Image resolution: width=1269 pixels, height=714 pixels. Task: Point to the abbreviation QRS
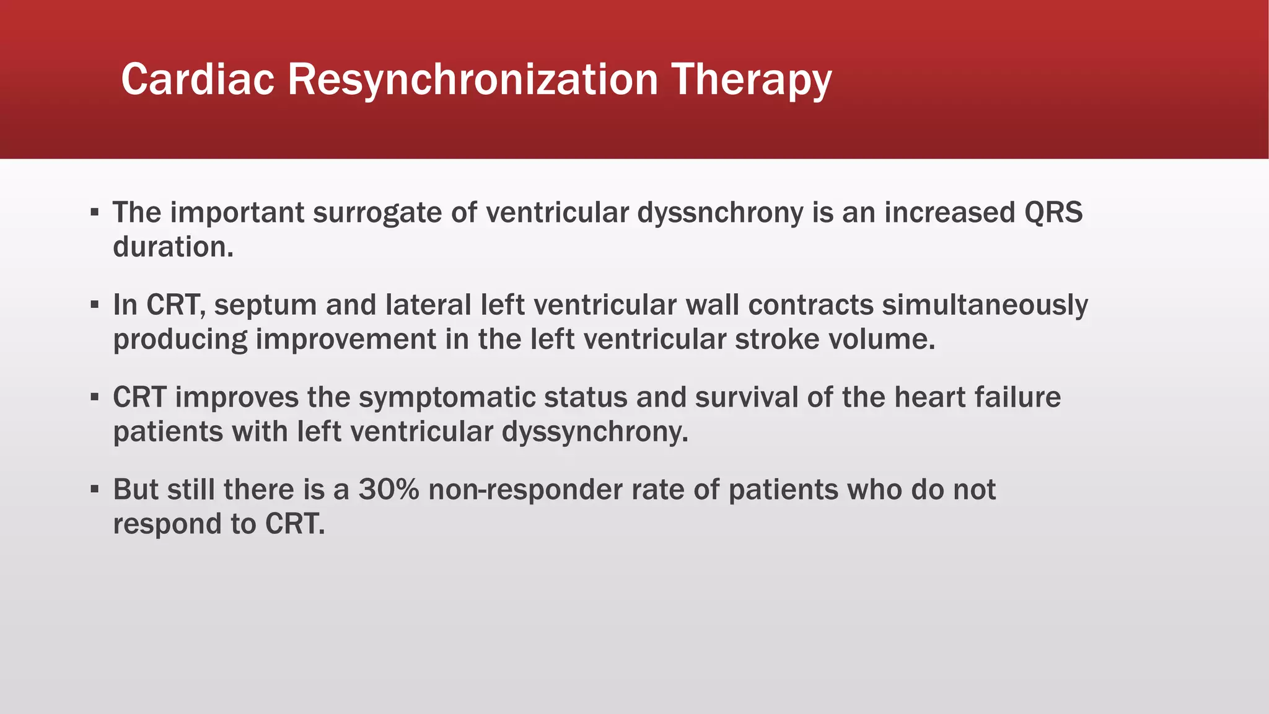(1053, 213)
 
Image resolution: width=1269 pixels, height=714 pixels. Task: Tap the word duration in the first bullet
(172, 247)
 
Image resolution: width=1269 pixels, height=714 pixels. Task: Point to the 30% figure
(389, 490)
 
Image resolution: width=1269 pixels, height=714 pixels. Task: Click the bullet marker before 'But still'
(94, 490)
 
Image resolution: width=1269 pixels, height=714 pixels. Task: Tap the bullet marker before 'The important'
(94, 213)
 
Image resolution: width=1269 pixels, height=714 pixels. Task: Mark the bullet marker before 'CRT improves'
(94, 397)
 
